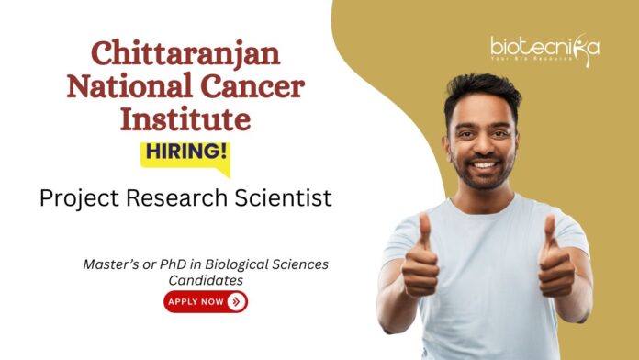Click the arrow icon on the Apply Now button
tap(236, 300)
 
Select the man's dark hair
tap(487, 87)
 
